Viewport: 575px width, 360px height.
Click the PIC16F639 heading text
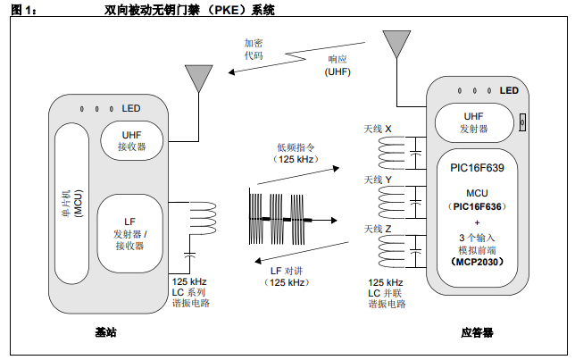pos(476,167)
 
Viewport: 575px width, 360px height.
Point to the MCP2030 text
pos(476,262)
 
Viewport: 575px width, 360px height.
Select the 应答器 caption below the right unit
pos(477,332)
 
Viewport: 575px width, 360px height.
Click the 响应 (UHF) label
pos(337,64)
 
